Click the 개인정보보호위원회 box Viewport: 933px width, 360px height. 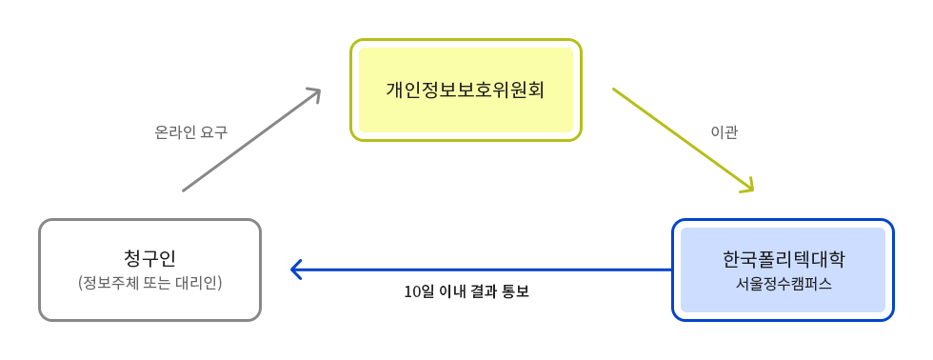coord(466,90)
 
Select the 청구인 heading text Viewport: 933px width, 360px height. coord(149,258)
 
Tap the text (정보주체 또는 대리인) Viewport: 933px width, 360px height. coord(149,283)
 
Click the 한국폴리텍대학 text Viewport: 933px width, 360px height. coord(784,259)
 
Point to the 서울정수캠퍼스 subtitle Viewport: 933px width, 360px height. coord(784,284)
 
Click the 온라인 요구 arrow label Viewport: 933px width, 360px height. coord(190,132)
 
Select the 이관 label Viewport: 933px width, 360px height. coord(725,132)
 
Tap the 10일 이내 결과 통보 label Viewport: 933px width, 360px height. coord(466,291)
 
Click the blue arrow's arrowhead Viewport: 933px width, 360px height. coord(296,270)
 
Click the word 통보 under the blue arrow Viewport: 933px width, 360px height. coord(515,291)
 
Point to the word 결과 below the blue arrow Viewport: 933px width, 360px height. coord(482,291)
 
